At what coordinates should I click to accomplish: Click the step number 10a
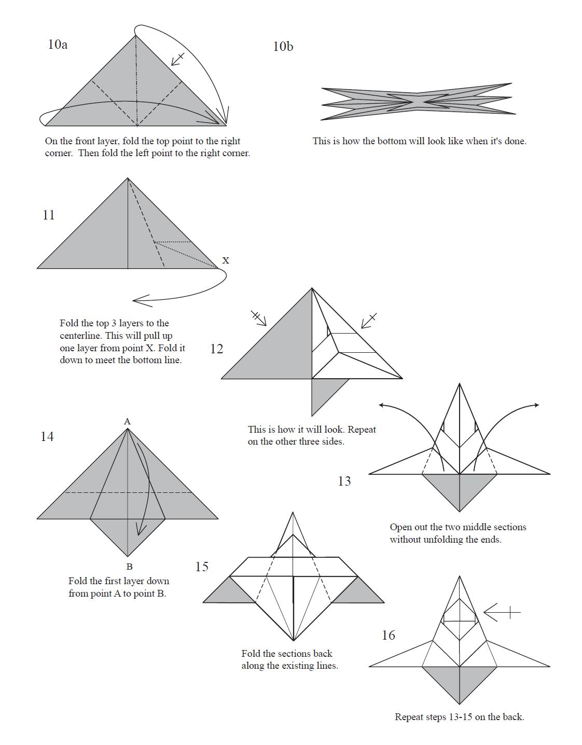(58, 45)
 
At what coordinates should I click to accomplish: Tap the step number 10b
(283, 47)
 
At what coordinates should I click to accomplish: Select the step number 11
(49, 215)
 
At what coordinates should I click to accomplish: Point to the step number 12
(217, 349)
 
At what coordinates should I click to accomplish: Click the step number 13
(344, 481)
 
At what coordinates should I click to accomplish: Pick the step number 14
(47, 436)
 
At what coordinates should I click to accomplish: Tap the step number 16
(389, 636)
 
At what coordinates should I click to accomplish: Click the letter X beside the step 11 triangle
(226, 260)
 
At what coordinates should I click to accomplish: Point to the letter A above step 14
(127, 421)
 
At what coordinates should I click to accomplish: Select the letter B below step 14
(129, 567)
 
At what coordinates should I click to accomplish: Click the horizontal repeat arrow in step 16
(502, 612)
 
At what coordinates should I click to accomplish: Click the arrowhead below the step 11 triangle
(141, 301)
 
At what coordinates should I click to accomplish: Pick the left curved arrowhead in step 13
(383, 406)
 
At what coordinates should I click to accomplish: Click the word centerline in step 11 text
(78, 336)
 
